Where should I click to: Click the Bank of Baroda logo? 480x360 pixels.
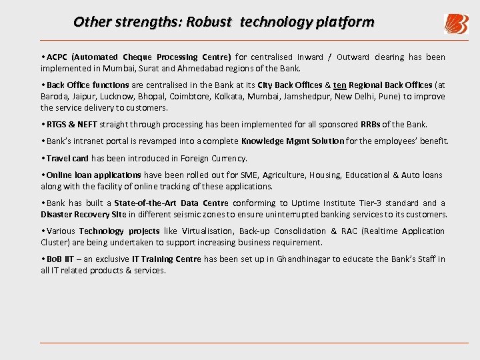(x=456, y=24)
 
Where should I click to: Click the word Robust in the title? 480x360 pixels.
(x=209, y=22)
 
